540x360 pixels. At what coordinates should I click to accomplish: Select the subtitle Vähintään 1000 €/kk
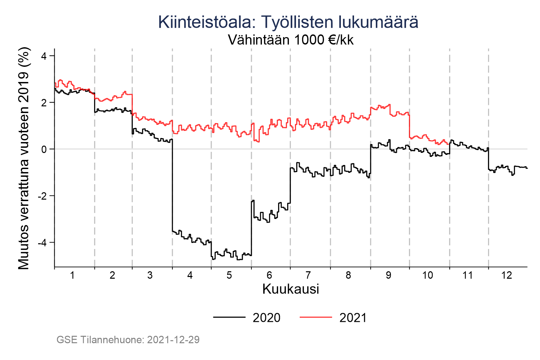pos(291,40)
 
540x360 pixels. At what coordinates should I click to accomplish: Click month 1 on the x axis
pos(72,276)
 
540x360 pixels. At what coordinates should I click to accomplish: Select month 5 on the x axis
pos(230,276)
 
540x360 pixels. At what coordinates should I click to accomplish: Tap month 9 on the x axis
pos(388,276)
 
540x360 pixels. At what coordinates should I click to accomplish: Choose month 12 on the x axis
pos(507,276)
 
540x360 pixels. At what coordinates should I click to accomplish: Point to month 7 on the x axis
pos(308,276)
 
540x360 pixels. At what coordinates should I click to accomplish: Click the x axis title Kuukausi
pos(291,289)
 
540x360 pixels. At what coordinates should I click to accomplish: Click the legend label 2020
pos(266,318)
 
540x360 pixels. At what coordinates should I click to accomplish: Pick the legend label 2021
pos(353,318)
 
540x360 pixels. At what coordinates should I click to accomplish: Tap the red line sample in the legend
pos(316,317)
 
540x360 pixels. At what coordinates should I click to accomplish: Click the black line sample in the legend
pos(229,317)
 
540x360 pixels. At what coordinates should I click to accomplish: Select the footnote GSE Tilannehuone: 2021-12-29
pos(128,340)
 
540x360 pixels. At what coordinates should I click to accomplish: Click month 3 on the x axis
pos(150,276)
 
